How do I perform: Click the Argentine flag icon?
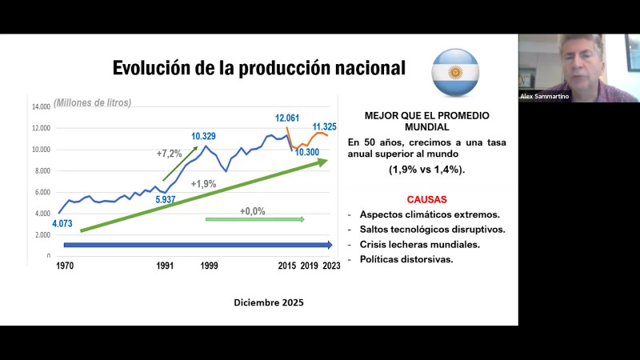pyautogui.click(x=455, y=72)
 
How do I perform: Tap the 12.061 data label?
pyautogui.click(x=288, y=118)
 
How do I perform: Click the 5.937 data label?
pyautogui.click(x=165, y=199)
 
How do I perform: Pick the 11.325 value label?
pyautogui.click(x=324, y=126)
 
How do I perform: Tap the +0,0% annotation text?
pyautogui.click(x=252, y=211)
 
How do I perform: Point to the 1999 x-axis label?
pyautogui.click(x=210, y=266)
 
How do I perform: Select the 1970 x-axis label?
pyautogui.click(x=66, y=266)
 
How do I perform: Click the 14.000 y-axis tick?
pyautogui.click(x=41, y=106)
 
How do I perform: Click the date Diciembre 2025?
pyautogui.click(x=269, y=302)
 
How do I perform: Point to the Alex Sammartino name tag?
pyautogui.click(x=546, y=96)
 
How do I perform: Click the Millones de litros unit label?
pyautogui.click(x=93, y=102)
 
